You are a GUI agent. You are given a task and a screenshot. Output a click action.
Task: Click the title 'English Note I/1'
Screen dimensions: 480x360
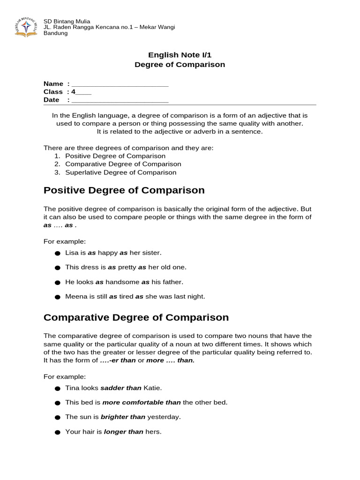click(180, 55)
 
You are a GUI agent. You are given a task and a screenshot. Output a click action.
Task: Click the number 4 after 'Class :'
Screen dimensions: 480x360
click(73, 92)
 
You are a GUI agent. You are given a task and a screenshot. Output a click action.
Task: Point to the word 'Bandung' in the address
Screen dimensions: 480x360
click(55, 33)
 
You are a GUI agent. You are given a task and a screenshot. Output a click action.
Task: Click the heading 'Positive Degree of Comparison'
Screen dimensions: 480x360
click(124, 190)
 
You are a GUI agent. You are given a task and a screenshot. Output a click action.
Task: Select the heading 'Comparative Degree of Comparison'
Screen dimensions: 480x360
click(136, 317)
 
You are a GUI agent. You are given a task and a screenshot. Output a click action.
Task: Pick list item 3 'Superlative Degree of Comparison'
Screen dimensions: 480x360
click(120, 172)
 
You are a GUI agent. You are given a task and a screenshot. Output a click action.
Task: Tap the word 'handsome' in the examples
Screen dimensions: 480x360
click(122, 282)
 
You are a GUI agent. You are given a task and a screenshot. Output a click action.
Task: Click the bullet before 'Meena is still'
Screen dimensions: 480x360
click(58, 297)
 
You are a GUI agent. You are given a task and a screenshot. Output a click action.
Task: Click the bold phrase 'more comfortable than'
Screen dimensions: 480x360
click(141, 402)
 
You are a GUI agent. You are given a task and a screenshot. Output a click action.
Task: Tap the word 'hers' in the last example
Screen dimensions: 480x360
click(153, 432)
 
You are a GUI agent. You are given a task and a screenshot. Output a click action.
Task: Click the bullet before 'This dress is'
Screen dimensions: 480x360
click(58, 268)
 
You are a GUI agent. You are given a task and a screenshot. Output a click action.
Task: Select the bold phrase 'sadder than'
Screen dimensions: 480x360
click(120, 388)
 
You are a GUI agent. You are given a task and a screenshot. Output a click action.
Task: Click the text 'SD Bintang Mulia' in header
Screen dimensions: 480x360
click(67, 21)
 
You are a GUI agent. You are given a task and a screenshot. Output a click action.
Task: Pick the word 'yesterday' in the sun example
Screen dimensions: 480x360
click(164, 417)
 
